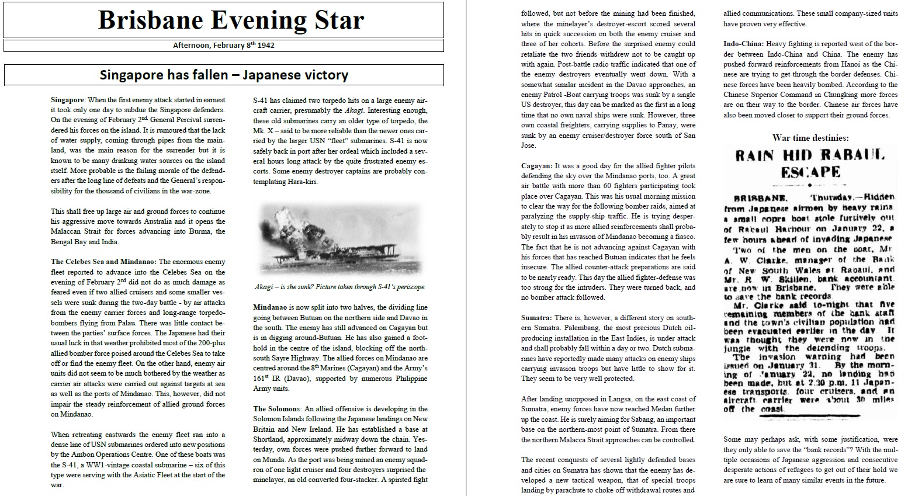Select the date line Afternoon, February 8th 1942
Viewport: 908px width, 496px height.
224,45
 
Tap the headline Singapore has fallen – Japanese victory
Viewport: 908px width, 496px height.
224,75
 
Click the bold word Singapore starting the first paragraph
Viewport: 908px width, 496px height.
68,100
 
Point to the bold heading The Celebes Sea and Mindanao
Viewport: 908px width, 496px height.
103,262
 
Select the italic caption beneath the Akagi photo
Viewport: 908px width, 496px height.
339,287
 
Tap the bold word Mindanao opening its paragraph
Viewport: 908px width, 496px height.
269,307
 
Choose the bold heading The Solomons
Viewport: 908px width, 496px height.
276,409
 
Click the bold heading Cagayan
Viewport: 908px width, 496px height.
536,166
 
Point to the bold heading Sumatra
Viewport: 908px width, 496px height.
536,318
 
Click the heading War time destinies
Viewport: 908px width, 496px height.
810,138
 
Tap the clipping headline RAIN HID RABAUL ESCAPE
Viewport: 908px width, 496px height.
810,164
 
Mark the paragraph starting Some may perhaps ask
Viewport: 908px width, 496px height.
810,459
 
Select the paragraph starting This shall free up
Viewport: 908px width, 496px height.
138,227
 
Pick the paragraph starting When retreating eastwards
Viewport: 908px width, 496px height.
138,459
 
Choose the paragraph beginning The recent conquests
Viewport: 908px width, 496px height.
608,475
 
